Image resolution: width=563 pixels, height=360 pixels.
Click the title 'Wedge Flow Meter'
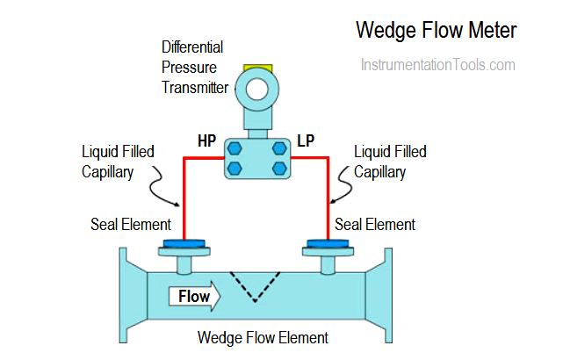tap(436, 31)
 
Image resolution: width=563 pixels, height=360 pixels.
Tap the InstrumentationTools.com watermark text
tap(437, 65)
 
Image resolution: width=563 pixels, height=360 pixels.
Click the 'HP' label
tap(207, 140)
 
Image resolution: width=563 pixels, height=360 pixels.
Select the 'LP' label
tap(307, 140)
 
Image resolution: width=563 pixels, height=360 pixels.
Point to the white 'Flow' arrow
tap(195, 297)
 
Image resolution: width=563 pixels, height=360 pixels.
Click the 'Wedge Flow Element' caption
tap(263, 337)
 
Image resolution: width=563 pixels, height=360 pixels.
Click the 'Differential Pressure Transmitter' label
tap(193, 67)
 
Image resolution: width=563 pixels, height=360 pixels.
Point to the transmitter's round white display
tap(257, 88)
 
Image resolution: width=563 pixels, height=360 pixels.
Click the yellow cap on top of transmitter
tap(257, 68)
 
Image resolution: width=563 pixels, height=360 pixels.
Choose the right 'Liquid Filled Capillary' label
tap(390, 162)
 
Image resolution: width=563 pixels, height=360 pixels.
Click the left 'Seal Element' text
tap(131, 225)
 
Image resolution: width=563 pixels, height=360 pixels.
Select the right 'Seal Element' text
tap(375, 225)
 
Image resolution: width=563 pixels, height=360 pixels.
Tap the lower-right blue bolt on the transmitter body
tap(279, 167)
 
